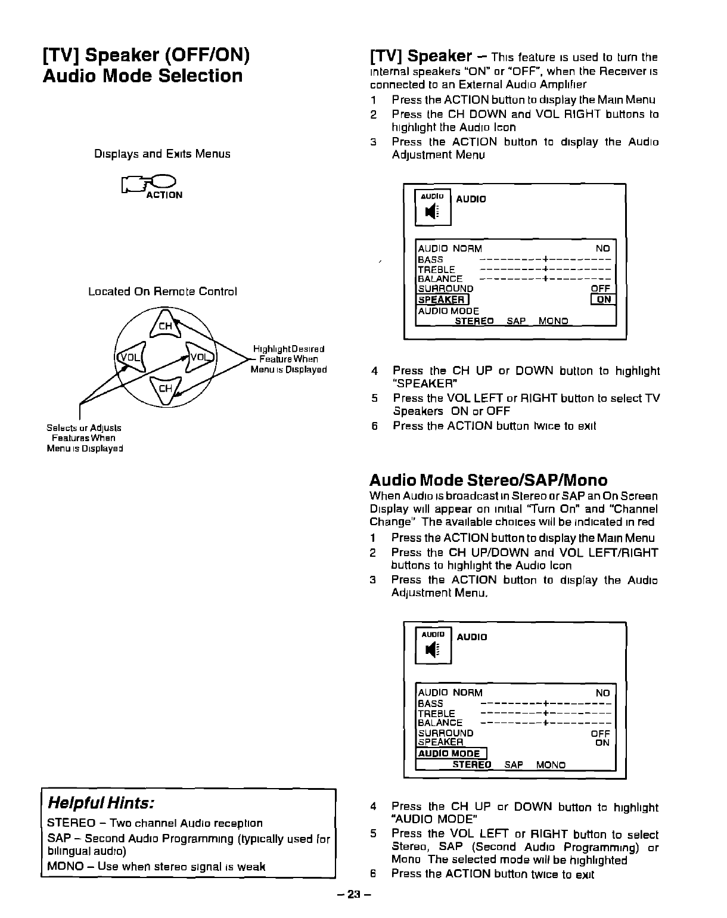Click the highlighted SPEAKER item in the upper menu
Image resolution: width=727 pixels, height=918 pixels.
click(441, 300)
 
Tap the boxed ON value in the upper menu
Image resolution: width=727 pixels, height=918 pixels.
click(603, 300)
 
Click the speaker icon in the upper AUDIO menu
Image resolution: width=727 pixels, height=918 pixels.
click(433, 212)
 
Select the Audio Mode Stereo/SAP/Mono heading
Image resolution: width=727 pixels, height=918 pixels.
click(488, 480)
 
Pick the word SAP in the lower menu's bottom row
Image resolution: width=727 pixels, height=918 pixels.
click(514, 765)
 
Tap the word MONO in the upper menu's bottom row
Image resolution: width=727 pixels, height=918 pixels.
click(553, 321)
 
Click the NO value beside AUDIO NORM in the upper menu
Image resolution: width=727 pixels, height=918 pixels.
click(603, 249)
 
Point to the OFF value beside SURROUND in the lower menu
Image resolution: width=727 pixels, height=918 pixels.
click(600, 733)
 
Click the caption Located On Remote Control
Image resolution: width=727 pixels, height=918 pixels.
click(163, 291)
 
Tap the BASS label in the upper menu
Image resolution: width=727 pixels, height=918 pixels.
click(430, 260)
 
